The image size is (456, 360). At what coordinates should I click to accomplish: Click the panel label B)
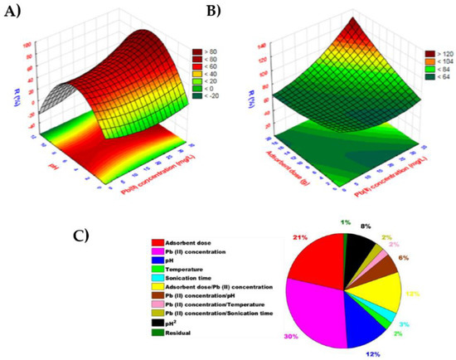[x=240, y=12]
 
